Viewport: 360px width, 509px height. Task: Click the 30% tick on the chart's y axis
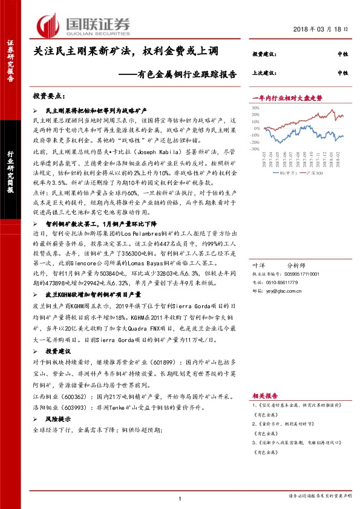coord(256,106)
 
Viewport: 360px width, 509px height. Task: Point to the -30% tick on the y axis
coord(255,148)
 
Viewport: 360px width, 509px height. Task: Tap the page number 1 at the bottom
coord(180,498)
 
